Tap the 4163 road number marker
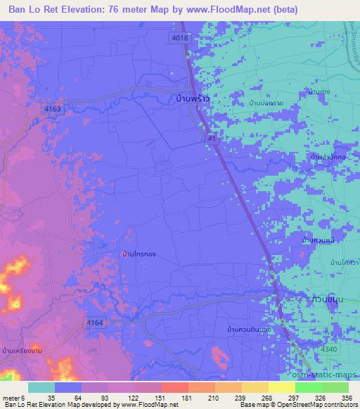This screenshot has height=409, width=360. click(52, 109)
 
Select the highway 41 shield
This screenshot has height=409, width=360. click(212, 140)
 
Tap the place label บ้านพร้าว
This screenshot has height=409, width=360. click(192, 100)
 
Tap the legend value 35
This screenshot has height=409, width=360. click(51, 397)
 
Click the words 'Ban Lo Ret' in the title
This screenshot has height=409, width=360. click(27, 10)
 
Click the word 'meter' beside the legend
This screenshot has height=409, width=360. click(10, 397)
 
